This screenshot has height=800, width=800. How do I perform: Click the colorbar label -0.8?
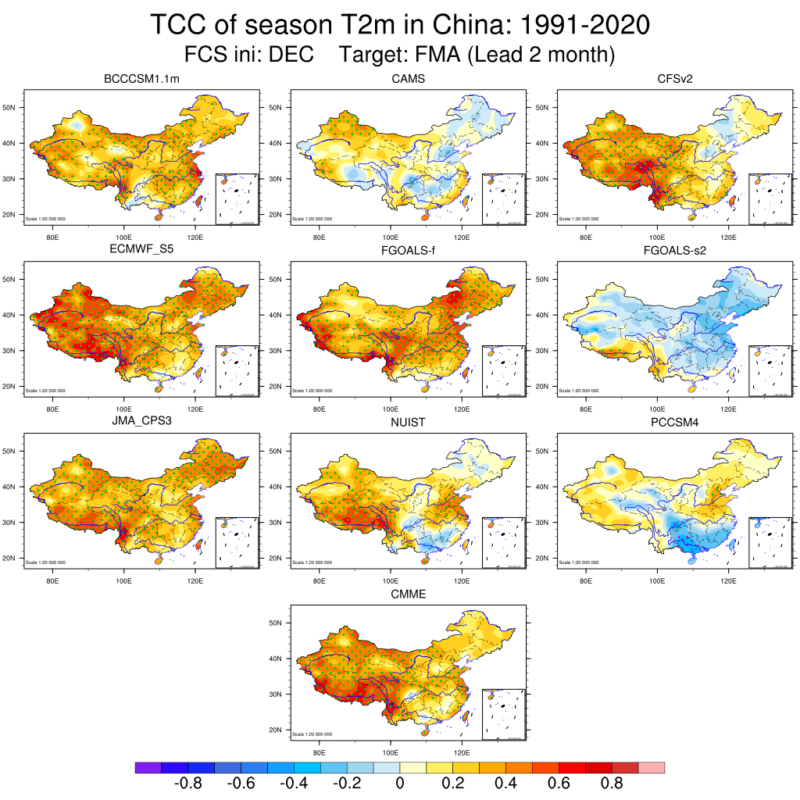[x=187, y=784]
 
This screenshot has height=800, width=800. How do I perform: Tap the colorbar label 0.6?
[x=559, y=784]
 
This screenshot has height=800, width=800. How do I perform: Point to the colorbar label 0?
[x=399, y=784]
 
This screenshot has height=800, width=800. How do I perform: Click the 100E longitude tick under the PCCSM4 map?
[x=657, y=582]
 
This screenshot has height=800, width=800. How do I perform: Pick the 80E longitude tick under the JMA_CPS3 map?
[x=53, y=582]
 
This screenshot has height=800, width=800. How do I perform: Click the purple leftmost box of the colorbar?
[x=148, y=768]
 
